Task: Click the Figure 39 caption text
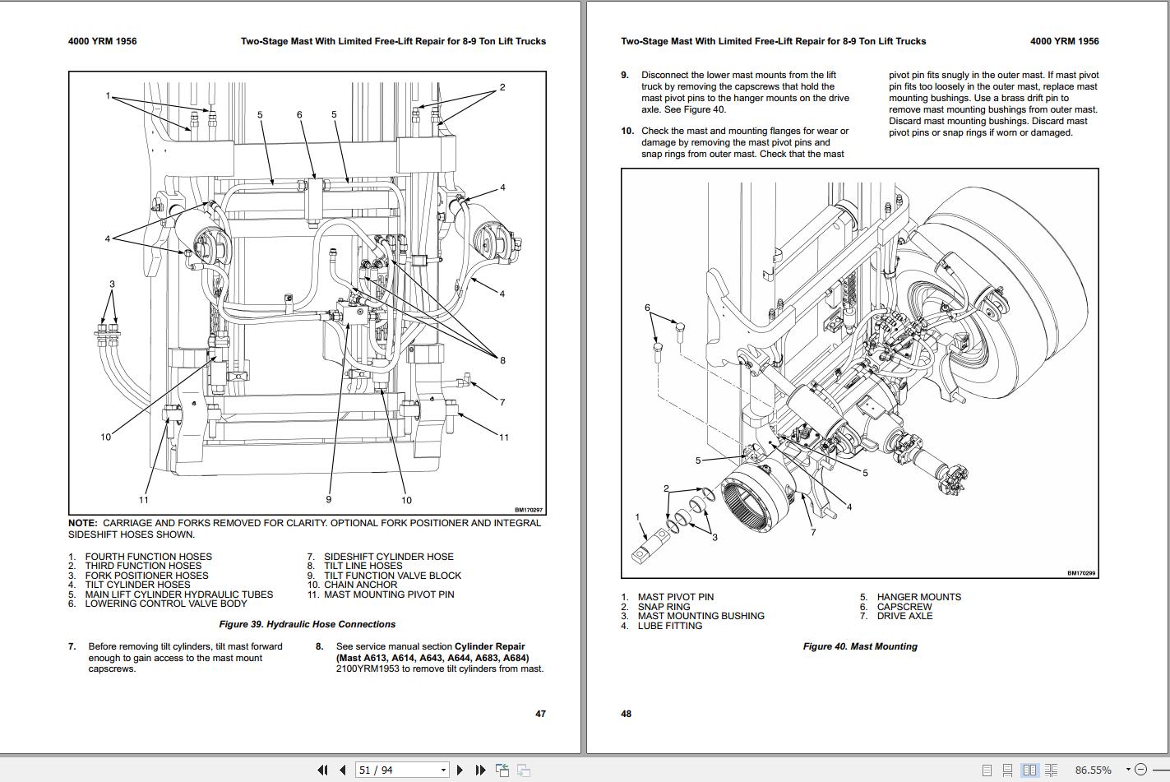tap(308, 624)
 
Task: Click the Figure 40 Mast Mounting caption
tap(860, 646)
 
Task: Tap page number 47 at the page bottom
tap(541, 714)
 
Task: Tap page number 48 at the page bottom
tap(627, 714)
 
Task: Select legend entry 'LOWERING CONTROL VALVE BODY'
tap(166, 604)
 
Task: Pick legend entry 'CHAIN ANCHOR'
tap(360, 585)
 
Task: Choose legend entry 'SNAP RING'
tap(664, 607)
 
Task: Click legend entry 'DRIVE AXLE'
tap(904, 617)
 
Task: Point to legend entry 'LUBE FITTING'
tap(670, 626)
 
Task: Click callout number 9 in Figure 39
tap(329, 499)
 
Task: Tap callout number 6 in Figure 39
tap(299, 114)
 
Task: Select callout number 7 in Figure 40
tap(813, 532)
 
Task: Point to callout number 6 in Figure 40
tap(647, 308)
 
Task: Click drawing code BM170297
tap(529, 510)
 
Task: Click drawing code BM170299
tap(1081, 573)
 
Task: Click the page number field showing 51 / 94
tap(402, 770)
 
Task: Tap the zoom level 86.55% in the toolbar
tap(1094, 770)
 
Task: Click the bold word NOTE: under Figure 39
tap(82, 523)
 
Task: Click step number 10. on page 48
tap(627, 131)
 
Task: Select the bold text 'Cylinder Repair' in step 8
tap(490, 646)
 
